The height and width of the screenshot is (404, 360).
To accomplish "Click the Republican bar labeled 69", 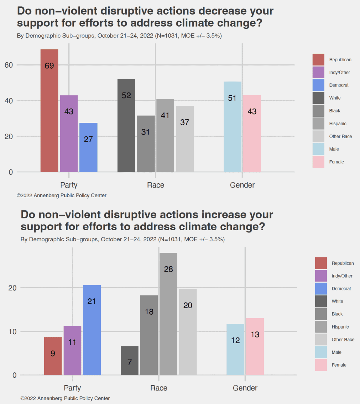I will click(x=49, y=110).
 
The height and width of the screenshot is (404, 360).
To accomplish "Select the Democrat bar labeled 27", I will click(x=88, y=147).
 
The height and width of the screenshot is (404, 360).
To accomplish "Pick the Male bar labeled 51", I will click(x=233, y=127).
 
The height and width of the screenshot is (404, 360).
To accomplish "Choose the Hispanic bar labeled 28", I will click(x=168, y=314).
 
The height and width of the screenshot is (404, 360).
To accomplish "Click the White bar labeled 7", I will click(x=130, y=361).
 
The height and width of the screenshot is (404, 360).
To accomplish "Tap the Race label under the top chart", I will click(x=156, y=185).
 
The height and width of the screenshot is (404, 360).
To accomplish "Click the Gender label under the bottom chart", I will click(x=245, y=388).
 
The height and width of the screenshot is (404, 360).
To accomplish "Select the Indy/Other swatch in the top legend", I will click(x=318, y=72).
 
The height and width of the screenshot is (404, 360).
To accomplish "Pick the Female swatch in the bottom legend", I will click(x=321, y=365).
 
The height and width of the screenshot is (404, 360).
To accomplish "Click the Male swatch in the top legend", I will click(x=318, y=149).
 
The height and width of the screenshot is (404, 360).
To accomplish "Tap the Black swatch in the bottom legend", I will click(x=321, y=314).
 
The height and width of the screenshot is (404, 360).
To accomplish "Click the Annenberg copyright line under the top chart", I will click(x=62, y=195).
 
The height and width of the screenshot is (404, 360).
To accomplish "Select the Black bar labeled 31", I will click(x=146, y=144).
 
